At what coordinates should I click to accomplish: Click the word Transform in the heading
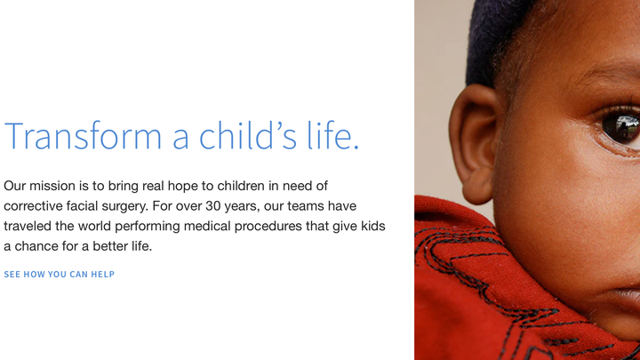pyautogui.click(x=83, y=135)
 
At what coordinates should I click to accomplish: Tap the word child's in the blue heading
pyautogui.click(x=247, y=135)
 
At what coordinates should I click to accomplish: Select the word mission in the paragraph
pyautogui.click(x=52, y=186)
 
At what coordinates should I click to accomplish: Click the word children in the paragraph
pyautogui.click(x=241, y=186)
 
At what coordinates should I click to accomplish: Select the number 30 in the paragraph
pyautogui.click(x=212, y=205)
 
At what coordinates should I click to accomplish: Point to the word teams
pyautogui.click(x=306, y=206)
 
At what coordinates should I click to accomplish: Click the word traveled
pyautogui.click(x=28, y=226)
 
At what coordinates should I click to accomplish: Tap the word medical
pyautogui.click(x=207, y=226)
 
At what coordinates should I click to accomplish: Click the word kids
pyautogui.click(x=373, y=226)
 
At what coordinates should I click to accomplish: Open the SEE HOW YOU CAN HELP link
pyautogui.click(x=60, y=275)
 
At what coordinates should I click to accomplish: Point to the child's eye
pyautogui.click(x=620, y=126)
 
